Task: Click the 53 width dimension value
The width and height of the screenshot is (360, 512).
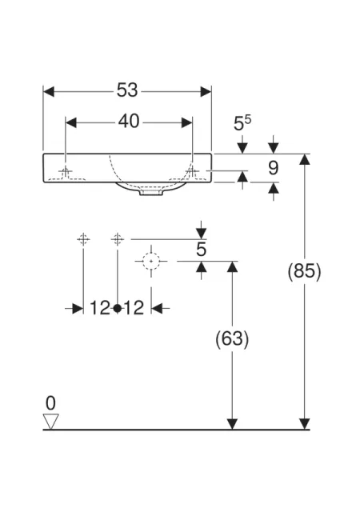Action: (x=127, y=90)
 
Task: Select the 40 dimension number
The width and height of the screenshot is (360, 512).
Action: (x=129, y=122)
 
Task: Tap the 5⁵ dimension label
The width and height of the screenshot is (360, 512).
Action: (x=242, y=123)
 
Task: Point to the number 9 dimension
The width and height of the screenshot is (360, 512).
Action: (x=273, y=168)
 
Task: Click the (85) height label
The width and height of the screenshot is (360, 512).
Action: (x=305, y=270)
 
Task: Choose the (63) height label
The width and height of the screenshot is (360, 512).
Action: (x=232, y=338)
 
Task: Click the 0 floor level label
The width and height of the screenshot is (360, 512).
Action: (x=50, y=403)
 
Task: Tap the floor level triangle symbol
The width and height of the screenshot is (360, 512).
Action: (x=51, y=422)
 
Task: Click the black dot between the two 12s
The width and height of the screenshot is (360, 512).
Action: (x=118, y=308)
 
